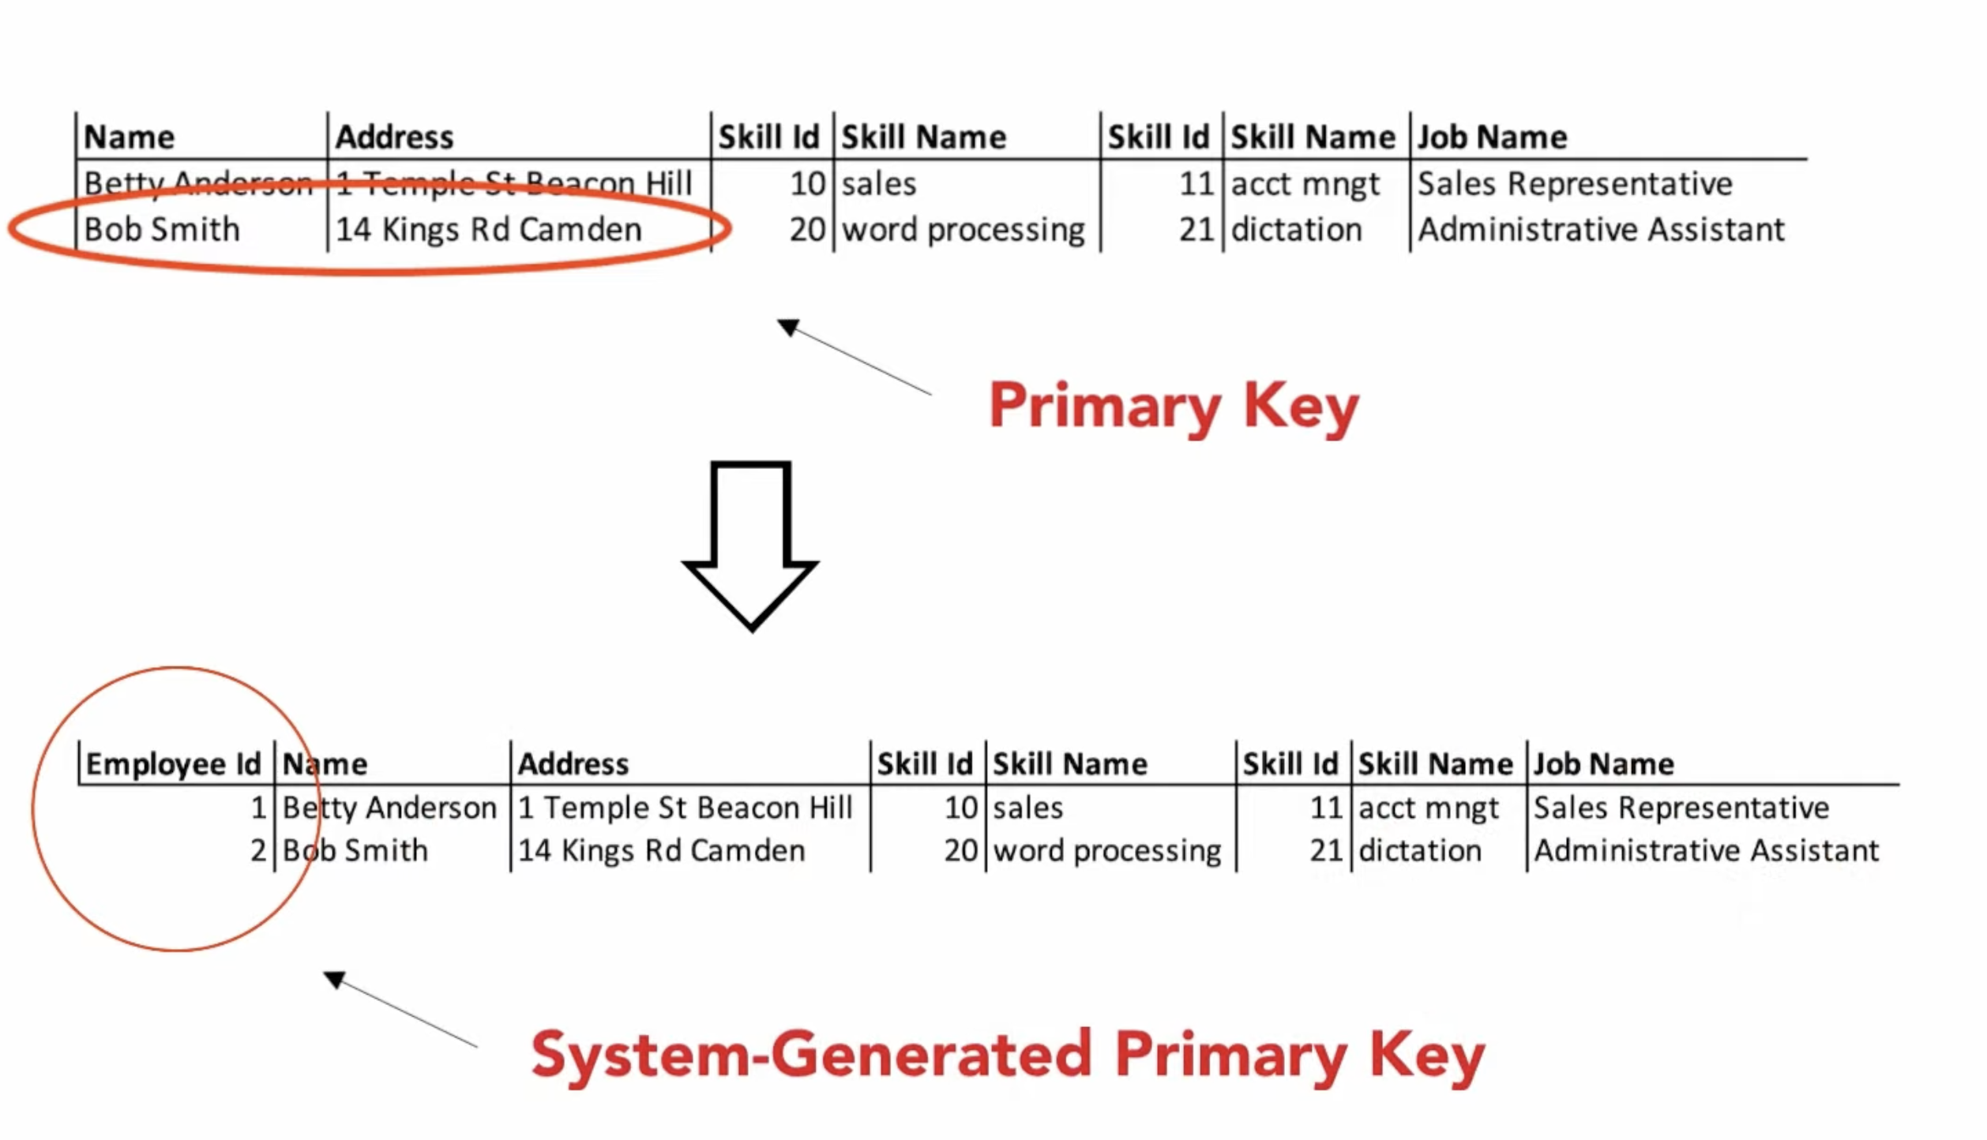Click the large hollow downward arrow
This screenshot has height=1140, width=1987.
[750, 545]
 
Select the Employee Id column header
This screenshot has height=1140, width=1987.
[173, 764]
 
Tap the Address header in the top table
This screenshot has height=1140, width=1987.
[394, 137]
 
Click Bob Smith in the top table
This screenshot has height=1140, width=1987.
[162, 230]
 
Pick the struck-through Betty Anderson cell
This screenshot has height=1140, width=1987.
[198, 184]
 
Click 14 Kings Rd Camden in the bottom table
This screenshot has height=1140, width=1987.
[661, 851]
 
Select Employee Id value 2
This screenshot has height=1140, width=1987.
[258, 851]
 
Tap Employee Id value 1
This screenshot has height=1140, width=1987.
[258, 808]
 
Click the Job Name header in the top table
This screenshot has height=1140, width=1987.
[1492, 137]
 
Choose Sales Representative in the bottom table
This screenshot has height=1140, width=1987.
[1681, 808]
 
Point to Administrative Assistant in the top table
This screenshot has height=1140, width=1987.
[1601, 230]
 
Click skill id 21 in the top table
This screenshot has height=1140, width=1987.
[1196, 230]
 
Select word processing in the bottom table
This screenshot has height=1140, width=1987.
[1107, 851]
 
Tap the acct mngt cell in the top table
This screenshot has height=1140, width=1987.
[1305, 184]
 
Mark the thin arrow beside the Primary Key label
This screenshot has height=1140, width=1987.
[853, 357]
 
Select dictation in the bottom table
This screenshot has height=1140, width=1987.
[1419, 851]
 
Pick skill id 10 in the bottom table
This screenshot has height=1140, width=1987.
[961, 808]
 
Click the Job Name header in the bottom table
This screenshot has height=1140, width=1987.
[1603, 764]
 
